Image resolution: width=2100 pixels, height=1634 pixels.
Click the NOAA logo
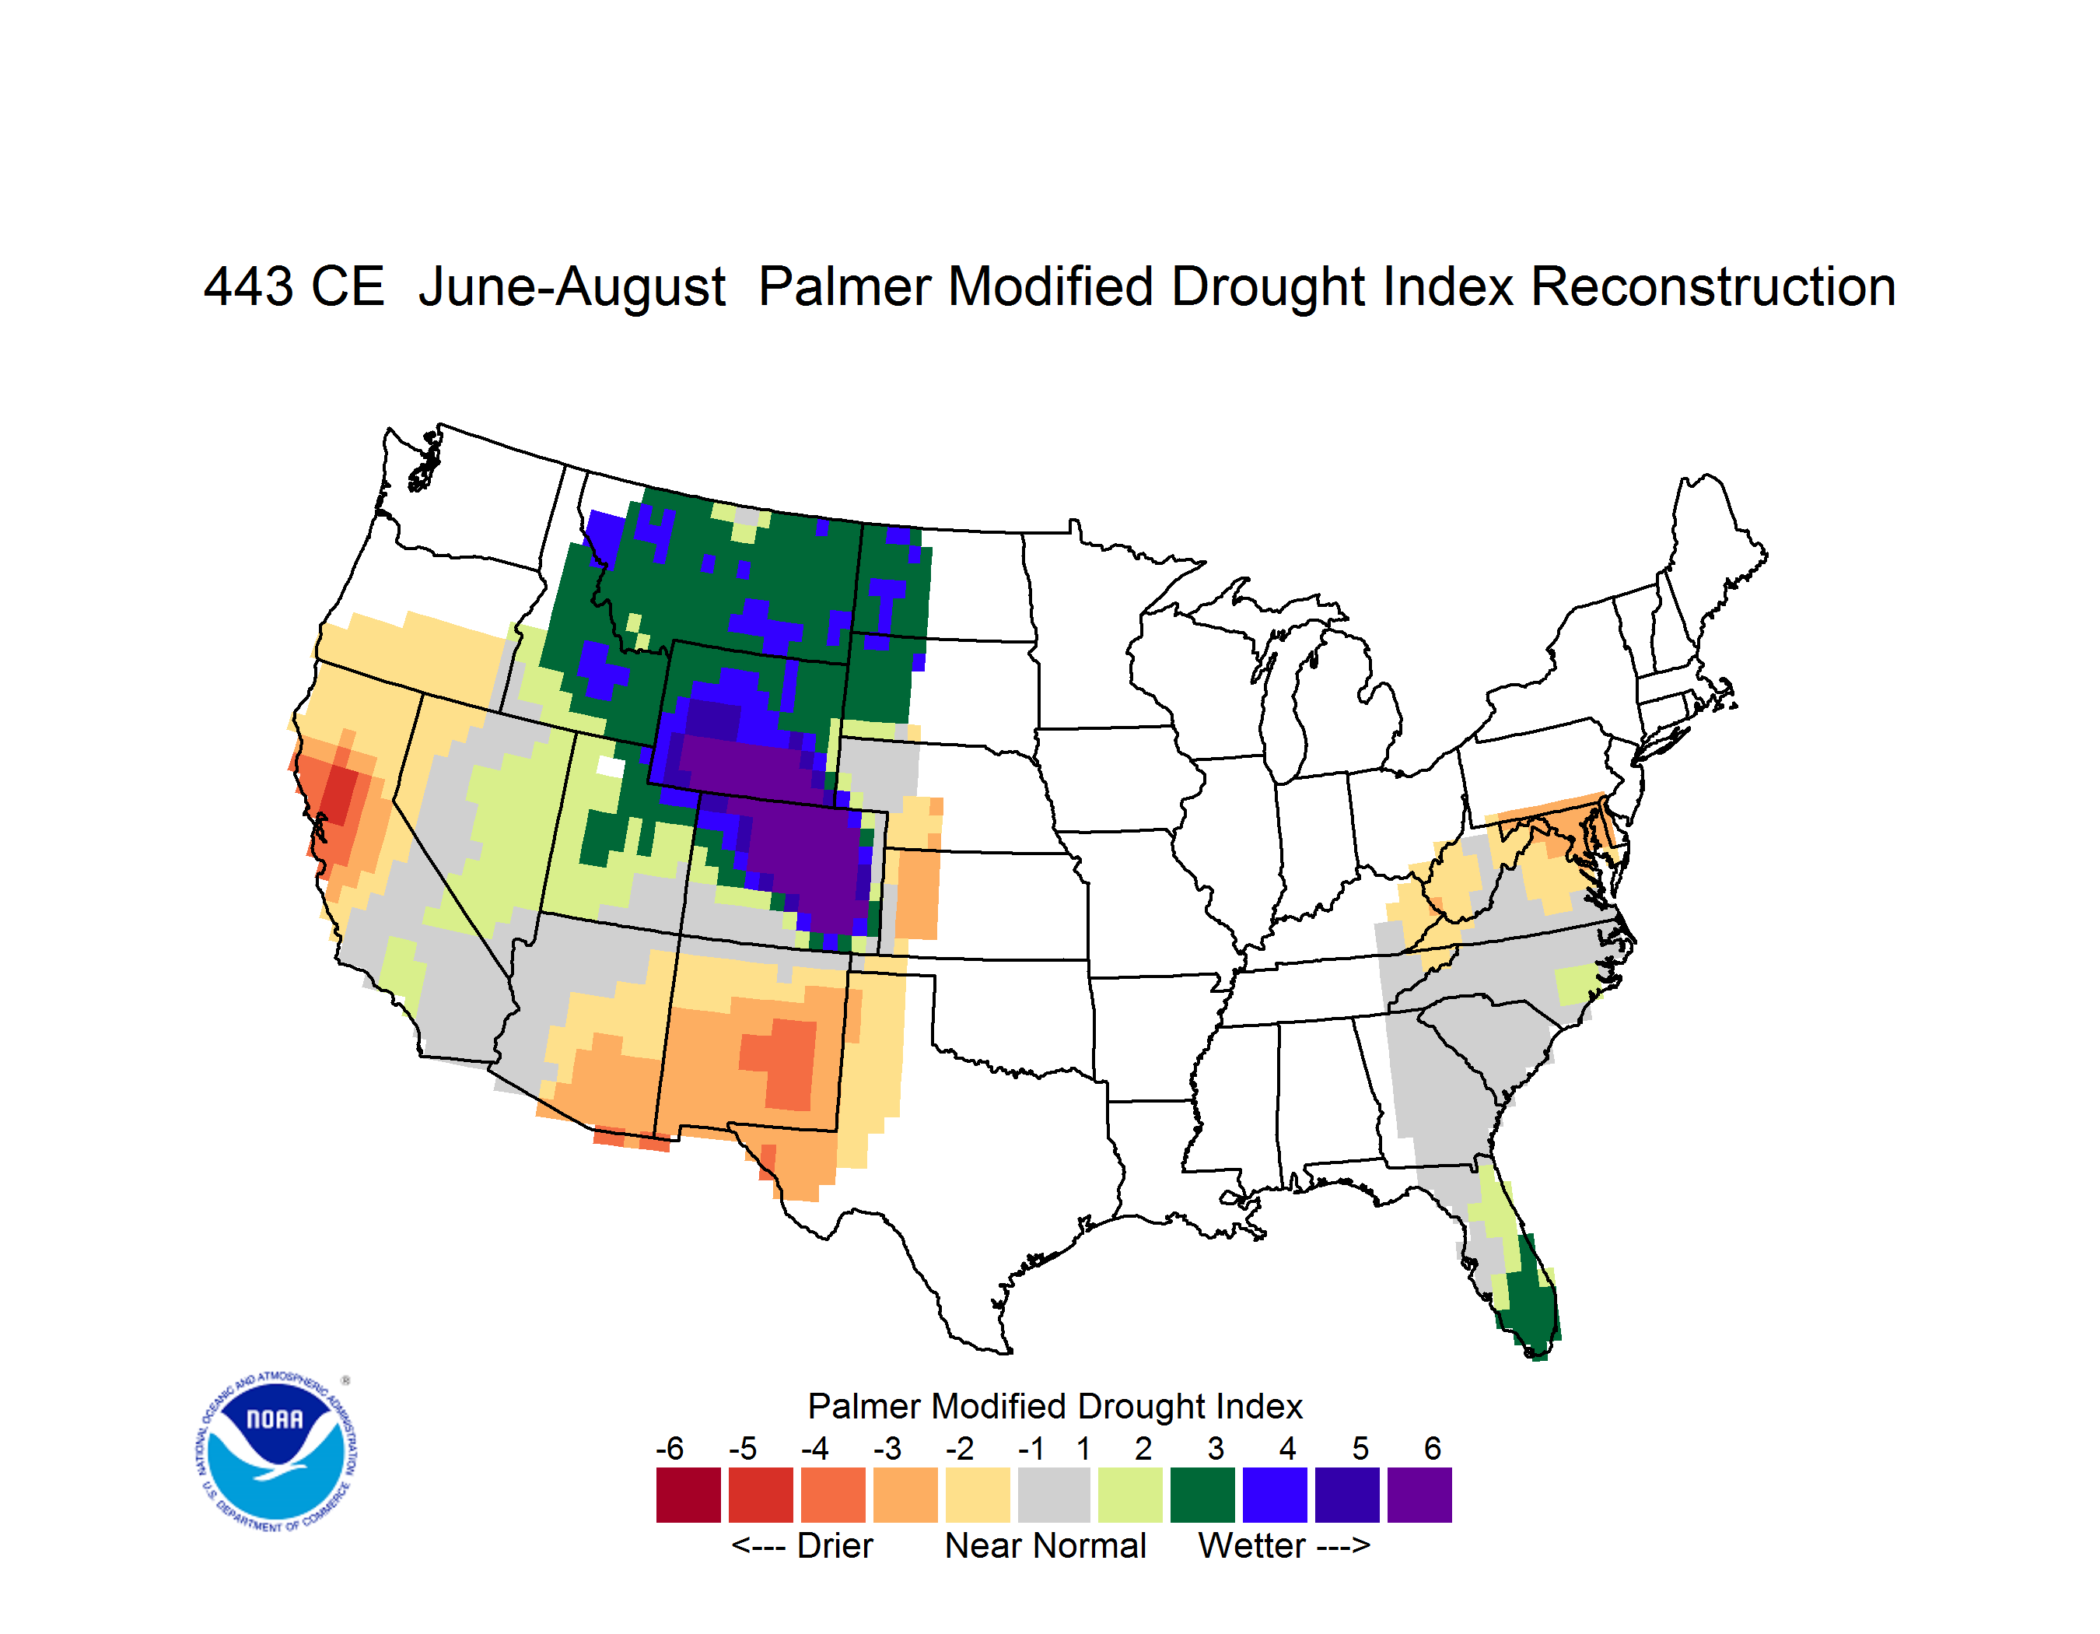pyautogui.click(x=276, y=1452)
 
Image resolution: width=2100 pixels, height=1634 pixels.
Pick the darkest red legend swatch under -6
pyautogui.click(x=688, y=1495)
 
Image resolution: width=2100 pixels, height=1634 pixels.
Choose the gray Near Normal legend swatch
pyautogui.click(x=1054, y=1495)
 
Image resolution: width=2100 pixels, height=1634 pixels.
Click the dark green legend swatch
pyautogui.click(x=1202, y=1495)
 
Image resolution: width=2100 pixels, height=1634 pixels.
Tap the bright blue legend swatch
pyautogui.click(x=1275, y=1495)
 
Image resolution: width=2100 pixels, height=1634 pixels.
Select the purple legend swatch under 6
pyautogui.click(x=1419, y=1495)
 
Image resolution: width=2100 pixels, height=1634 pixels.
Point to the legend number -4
pyautogui.click(x=814, y=1448)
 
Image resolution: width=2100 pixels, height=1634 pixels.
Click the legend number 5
pyautogui.click(x=1360, y=1448)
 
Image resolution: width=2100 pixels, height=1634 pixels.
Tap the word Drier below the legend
pyautogui.click(x=835, y=1545)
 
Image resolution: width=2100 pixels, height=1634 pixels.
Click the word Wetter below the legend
pyautogui.click(x=1252, y=1545)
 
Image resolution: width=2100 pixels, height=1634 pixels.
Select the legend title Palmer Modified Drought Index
pyautogui.click(x=1055, y=1406)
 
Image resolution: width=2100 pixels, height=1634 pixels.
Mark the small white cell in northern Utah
pyautogui.click(x=610, y=766)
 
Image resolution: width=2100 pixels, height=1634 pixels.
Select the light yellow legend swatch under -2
pyautogui.click(x=978, y=1495)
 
